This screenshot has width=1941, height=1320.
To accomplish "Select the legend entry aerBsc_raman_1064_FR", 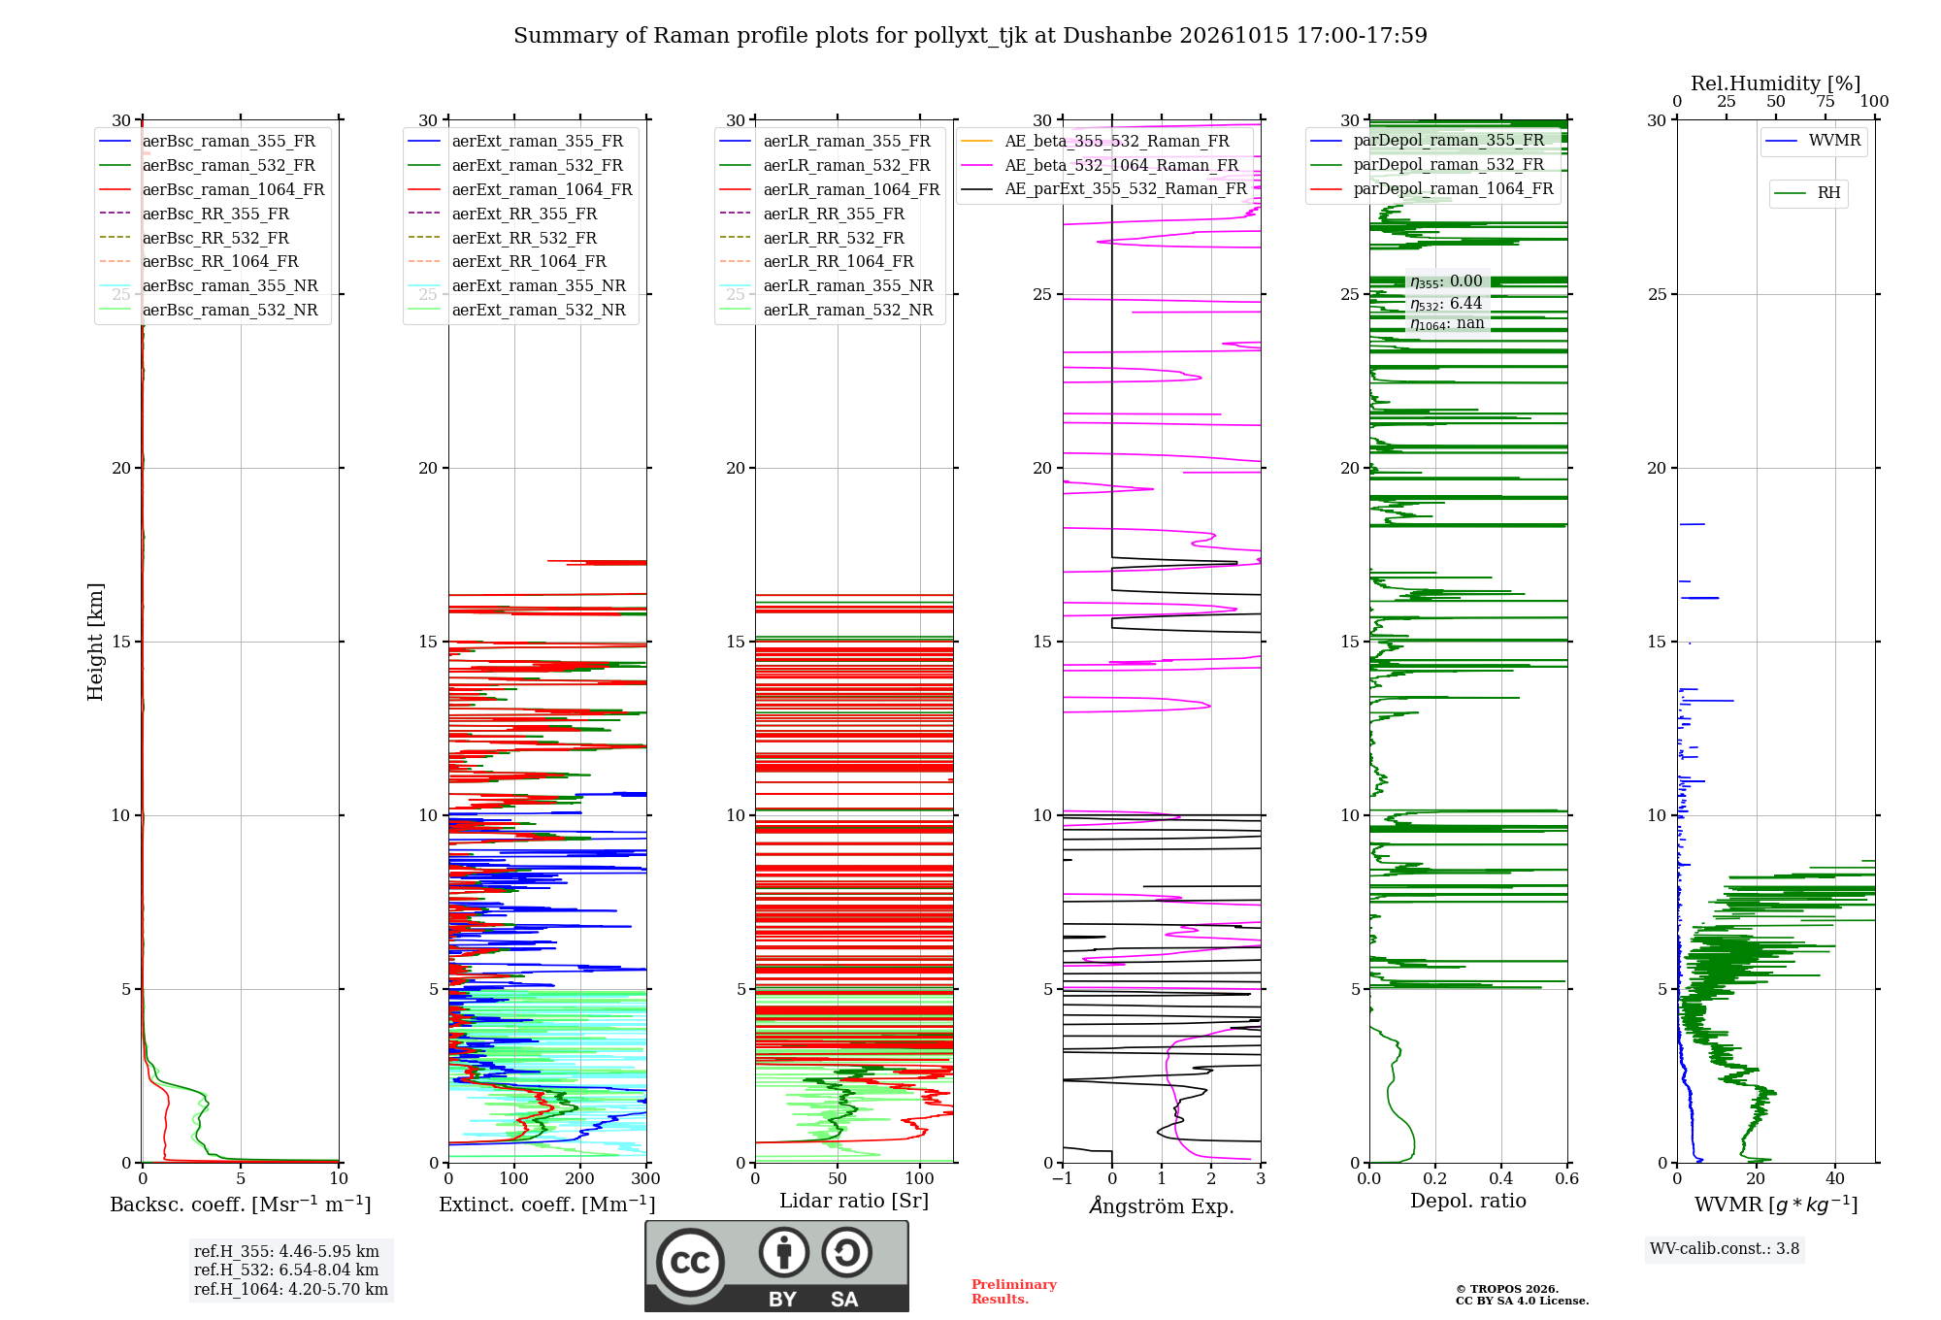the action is [212, 189].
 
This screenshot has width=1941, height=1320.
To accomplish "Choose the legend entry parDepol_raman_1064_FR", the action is [1431, 188].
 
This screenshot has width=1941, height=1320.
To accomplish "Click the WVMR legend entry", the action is [1814, 141].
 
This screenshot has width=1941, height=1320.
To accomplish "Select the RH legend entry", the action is [1807, 193].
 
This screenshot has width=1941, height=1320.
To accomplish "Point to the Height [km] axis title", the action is [95, 642].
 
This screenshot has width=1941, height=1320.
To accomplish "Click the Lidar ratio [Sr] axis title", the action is [854, 1201].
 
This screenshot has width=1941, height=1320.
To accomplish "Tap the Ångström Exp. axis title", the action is [1162, 1205].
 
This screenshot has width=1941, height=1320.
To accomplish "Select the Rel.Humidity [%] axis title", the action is [1776, 83].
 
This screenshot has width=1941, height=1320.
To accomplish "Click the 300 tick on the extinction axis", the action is [646, 1178].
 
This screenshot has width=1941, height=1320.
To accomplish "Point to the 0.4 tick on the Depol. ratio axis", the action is [1501, 1178].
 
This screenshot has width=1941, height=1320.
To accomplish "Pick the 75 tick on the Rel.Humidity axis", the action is [1826, 101].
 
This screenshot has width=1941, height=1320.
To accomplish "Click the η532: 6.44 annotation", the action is [1446, 304].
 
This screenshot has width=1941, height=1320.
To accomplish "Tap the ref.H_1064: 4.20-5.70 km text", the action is [291, 1289].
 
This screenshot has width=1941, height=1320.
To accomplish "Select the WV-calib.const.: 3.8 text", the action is [1725, 1248].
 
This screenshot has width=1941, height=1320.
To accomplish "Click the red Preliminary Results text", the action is [1014, 1292].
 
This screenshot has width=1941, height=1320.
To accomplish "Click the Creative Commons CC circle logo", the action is [690, 1263].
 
